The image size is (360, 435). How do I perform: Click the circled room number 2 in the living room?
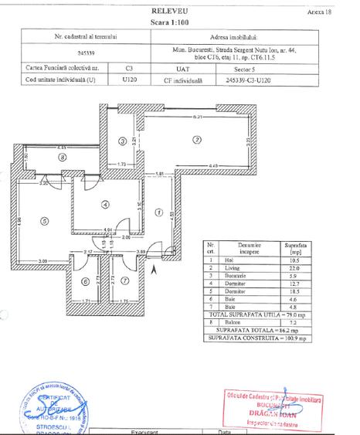point(197,140)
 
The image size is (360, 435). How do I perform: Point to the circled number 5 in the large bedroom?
point(46,221)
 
